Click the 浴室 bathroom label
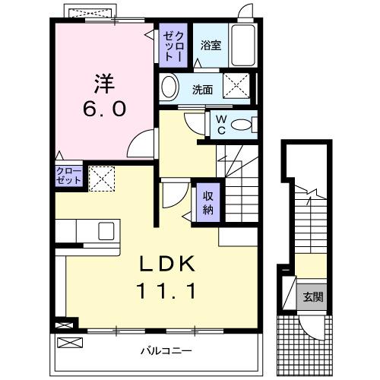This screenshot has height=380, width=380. click(211, 46)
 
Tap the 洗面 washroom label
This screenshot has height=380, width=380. click(202, 90)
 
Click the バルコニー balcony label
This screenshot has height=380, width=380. click(165, 351)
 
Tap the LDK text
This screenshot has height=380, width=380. click(167, 264)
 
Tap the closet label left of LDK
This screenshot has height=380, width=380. click(68, 177)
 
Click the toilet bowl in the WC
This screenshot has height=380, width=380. click(242, 125)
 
